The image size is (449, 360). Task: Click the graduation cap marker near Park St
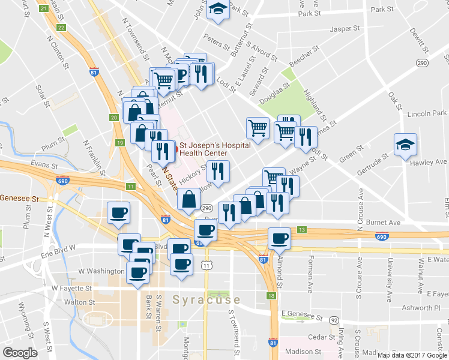(217, 10)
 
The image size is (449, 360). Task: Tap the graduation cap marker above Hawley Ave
(406, 144)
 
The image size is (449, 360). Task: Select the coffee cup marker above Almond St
(279, 238)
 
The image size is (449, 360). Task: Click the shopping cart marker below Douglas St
(258, 128)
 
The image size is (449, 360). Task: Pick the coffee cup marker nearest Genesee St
(118, 212)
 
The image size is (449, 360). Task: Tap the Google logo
(20, 353)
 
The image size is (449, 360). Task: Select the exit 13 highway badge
(302, 230)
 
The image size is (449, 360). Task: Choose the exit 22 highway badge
(61, 28)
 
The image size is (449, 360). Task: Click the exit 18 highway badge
(272, 296)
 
